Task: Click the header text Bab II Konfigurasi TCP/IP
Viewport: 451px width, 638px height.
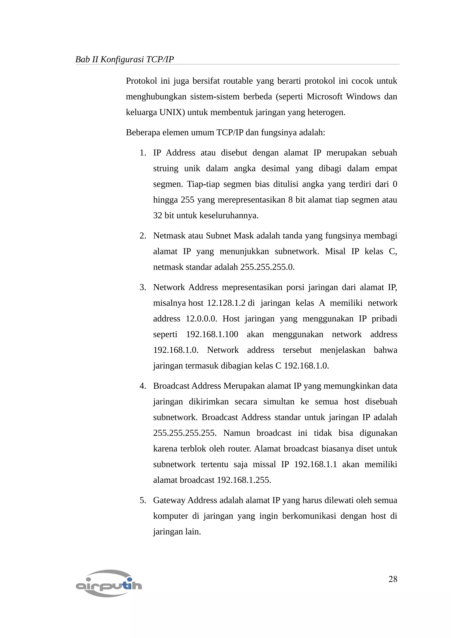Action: pyautogui.click(x=124, y=59)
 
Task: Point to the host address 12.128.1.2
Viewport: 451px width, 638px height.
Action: pyautogui.click(x=226, y=303)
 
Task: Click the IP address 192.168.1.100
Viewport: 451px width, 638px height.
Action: pyautogui.click(x=212, y=334)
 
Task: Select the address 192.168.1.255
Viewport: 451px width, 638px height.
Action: pyautogui.click(x=244, y=480)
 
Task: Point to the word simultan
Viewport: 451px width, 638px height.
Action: pyautogui.click(x=279, y=402)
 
